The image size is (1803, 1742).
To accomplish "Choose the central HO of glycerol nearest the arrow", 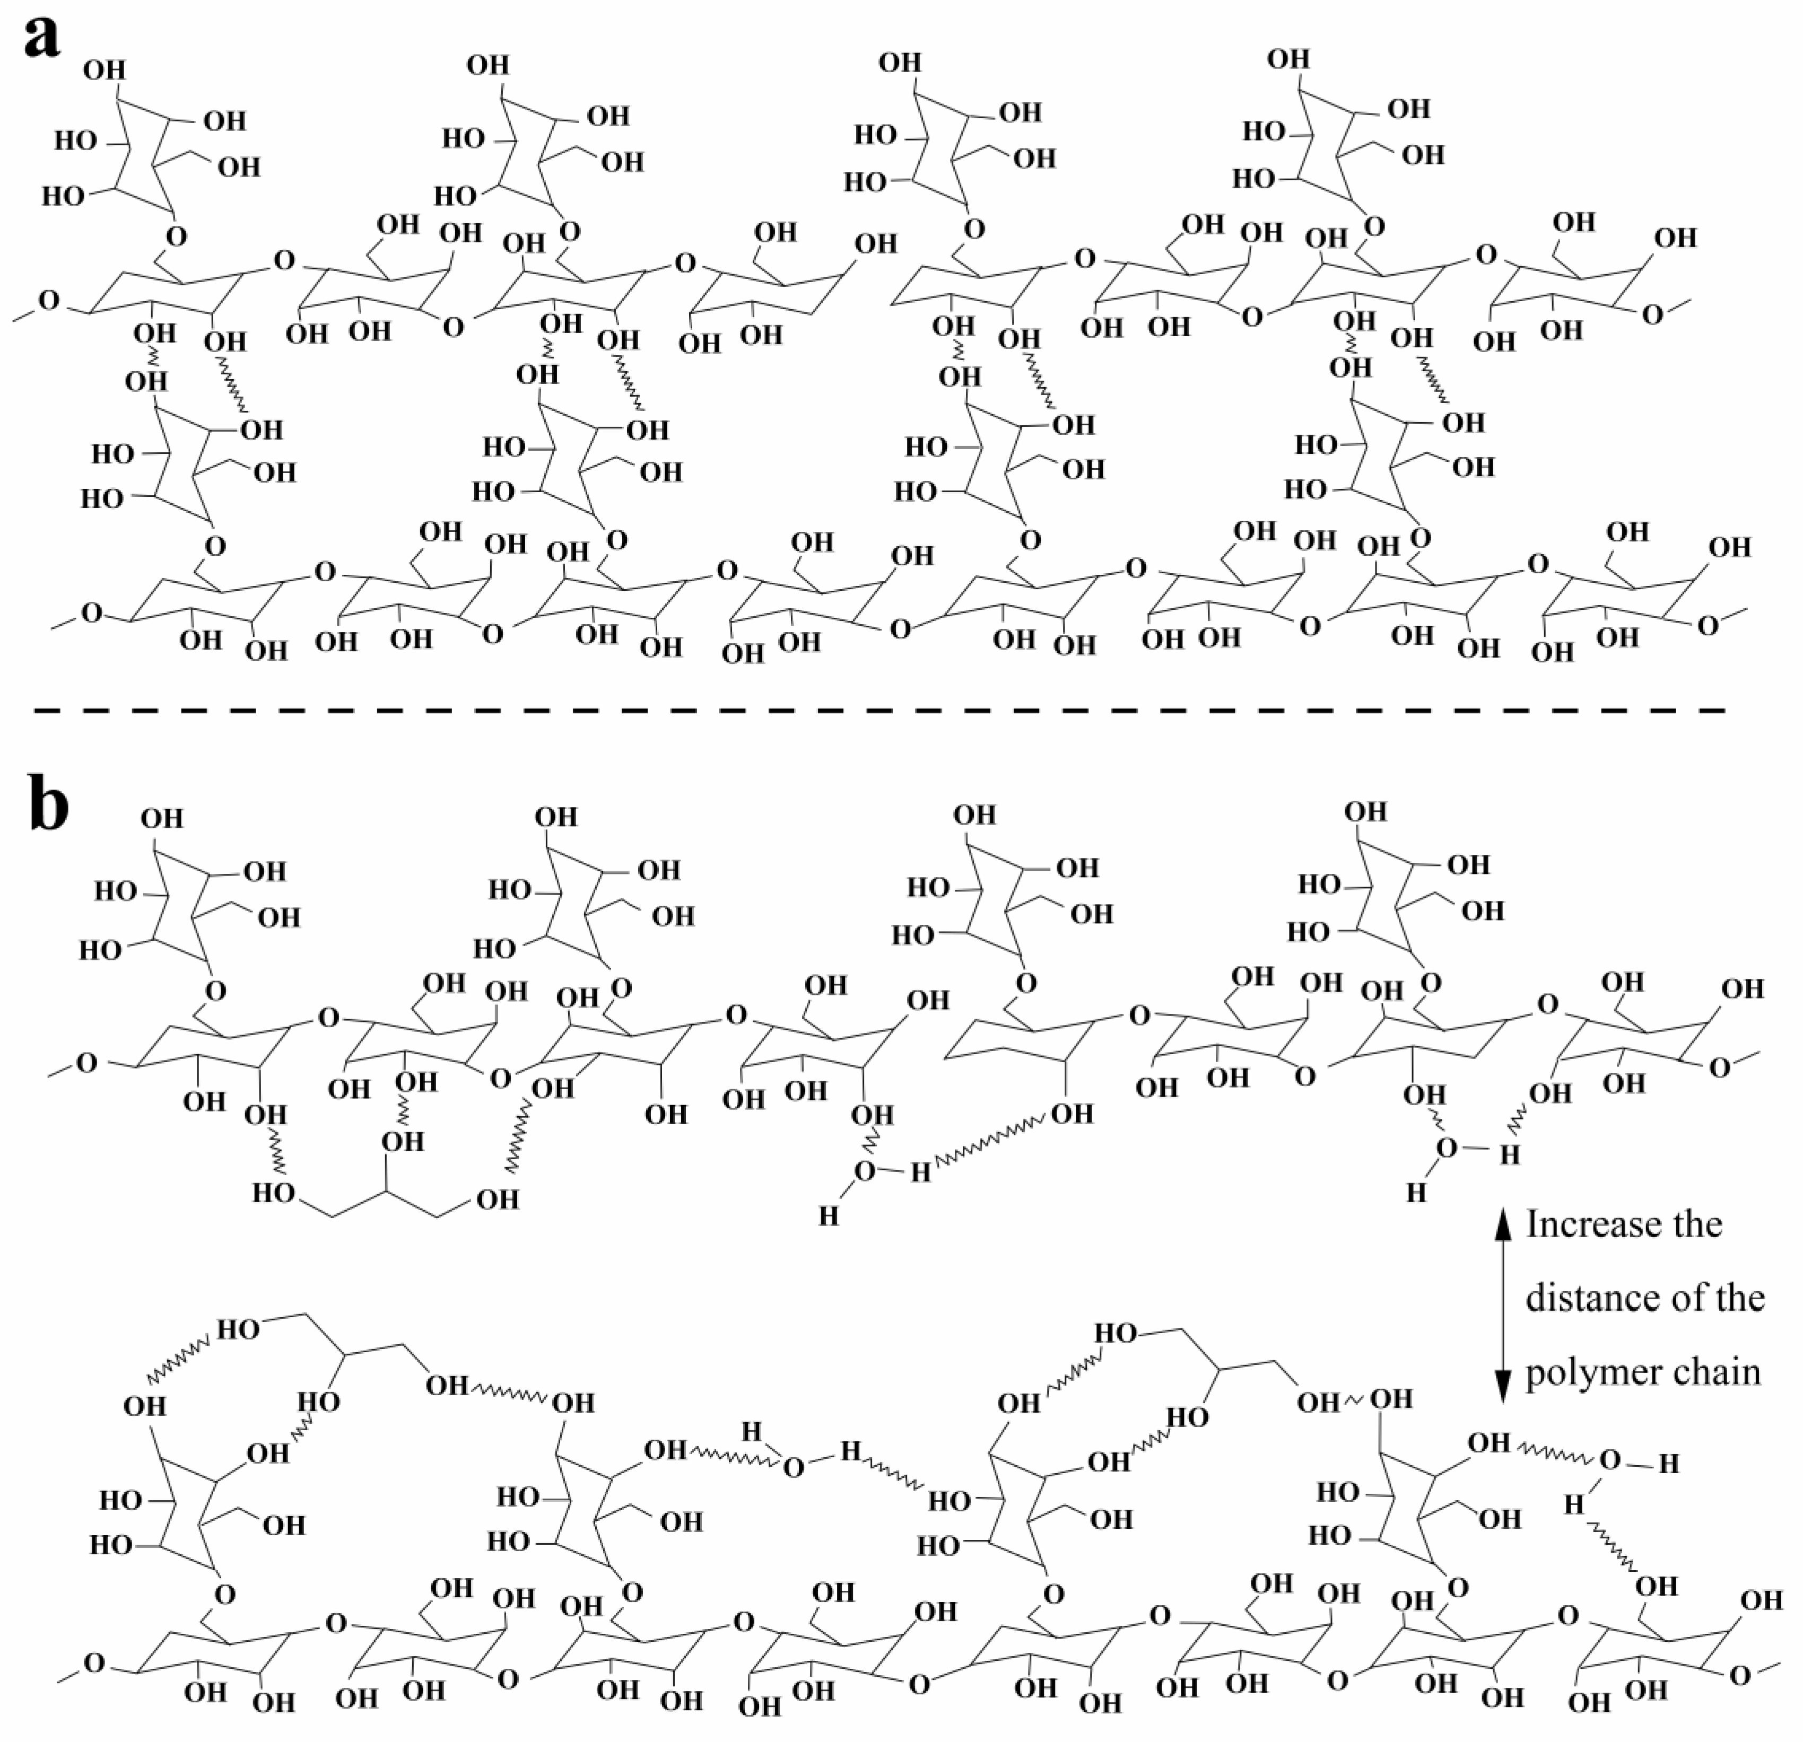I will tap(1187, 1417).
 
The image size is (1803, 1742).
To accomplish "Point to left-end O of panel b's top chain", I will tap(85, 1063).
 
